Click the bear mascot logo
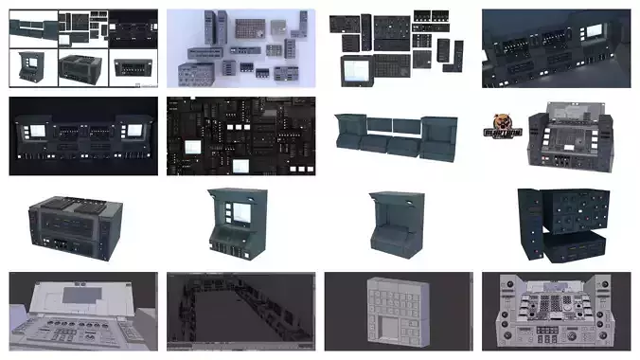[504, 128]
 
